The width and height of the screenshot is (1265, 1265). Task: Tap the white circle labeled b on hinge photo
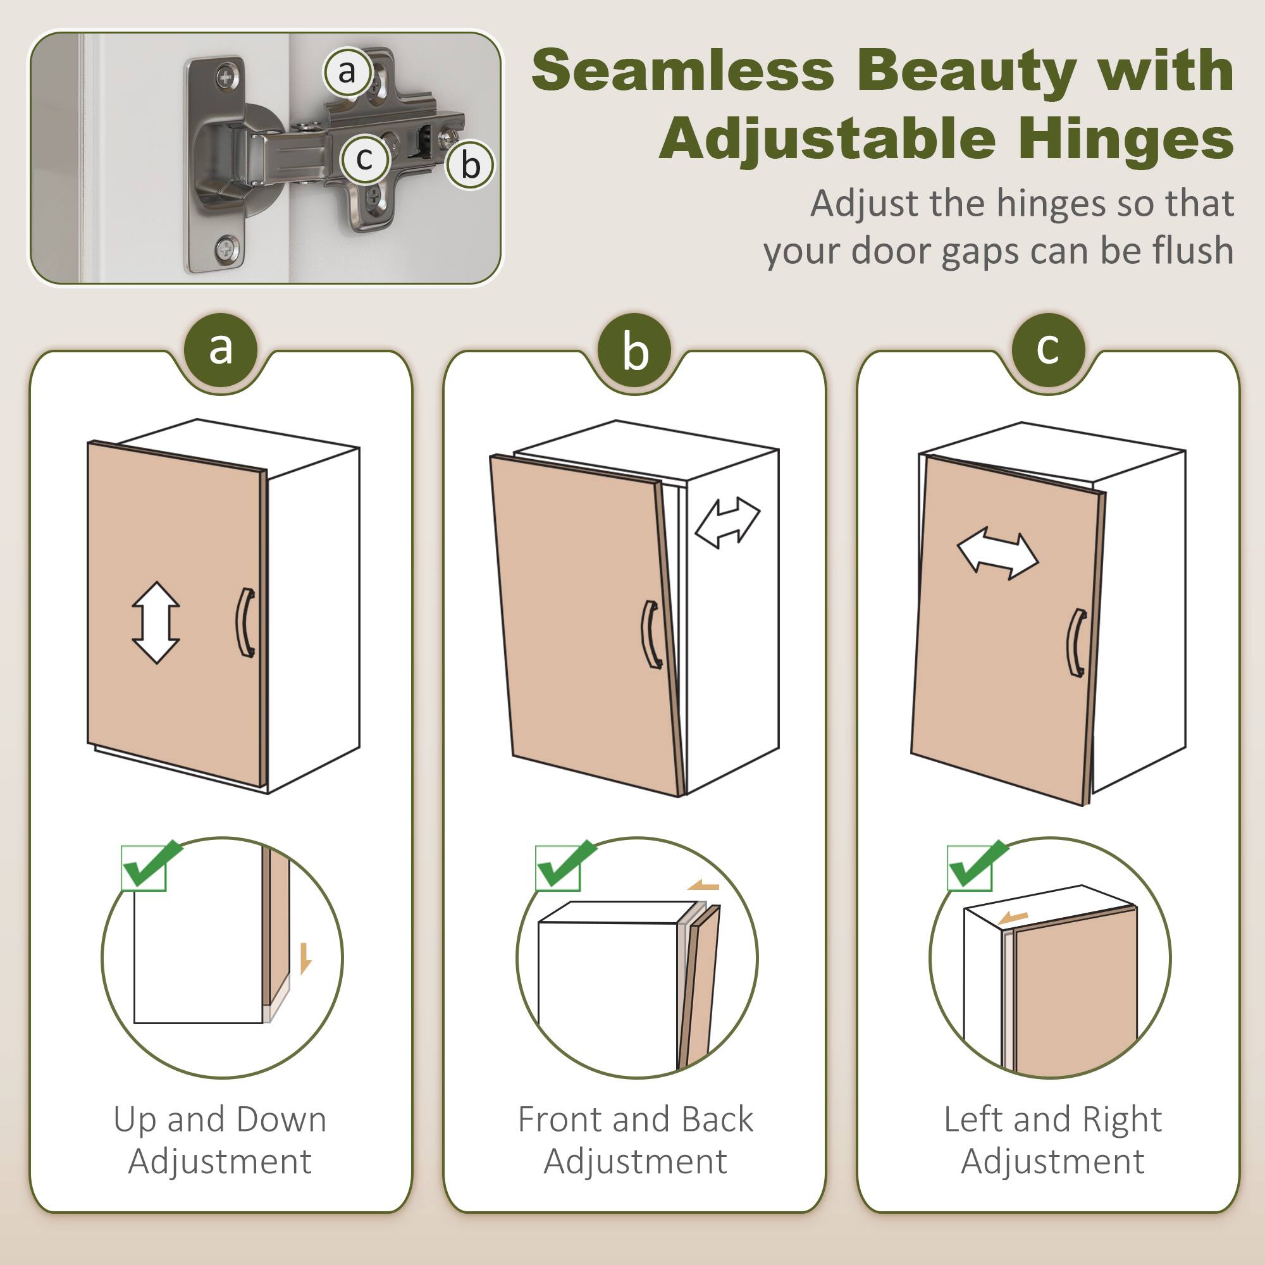click(470, 165)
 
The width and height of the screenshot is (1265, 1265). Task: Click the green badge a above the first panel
click(221, 349)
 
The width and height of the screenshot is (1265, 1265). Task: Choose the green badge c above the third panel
click(1047, 349)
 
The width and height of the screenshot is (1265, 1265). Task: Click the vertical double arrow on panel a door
click(156, 622)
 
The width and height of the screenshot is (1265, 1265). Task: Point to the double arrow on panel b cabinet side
click(727, 522)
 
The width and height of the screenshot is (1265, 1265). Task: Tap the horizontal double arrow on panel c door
click(997, 556)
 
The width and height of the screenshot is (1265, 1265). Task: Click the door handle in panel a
click(245, 622)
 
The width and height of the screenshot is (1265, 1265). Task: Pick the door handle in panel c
click(1077, 644)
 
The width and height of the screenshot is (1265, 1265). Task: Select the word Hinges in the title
click(1126, 139)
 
